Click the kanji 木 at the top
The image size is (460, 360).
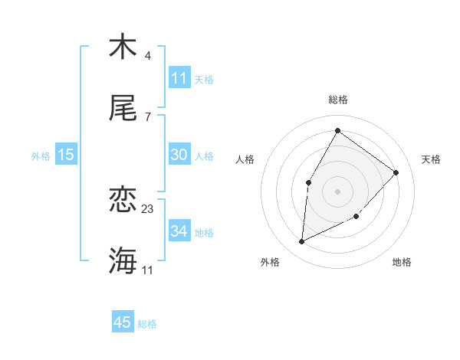(123, 47)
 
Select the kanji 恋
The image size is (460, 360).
(123, 201)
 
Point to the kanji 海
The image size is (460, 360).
(123, 261)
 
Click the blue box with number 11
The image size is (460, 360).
(179, 78)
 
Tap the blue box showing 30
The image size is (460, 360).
(179, 155)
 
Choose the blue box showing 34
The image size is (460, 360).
(179, 231)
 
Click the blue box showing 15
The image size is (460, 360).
(66, 155)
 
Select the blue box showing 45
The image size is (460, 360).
(123, 322)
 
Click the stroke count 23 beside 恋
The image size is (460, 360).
(148, 209)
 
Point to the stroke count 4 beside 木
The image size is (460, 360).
(147, 56)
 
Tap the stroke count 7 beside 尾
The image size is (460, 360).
(147, 116)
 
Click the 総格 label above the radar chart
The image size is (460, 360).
(338, 100)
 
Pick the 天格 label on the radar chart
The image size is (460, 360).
(431, 159)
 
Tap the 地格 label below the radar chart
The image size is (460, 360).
(402, 263)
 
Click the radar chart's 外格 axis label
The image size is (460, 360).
(270, 263)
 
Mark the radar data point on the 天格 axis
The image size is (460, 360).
(396, 172)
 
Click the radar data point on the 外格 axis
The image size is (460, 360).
(302, 242)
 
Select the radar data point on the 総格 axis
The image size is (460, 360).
(337, 131)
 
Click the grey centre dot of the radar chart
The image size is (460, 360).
(337, 191)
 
